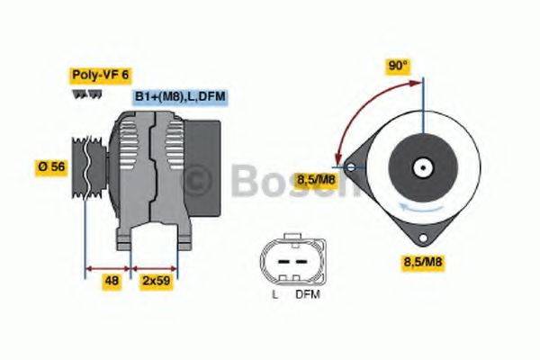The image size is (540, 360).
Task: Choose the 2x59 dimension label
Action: pos(157,280)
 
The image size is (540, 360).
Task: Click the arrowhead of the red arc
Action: pos(338,160)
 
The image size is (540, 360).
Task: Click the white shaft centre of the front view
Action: pos(421,167)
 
